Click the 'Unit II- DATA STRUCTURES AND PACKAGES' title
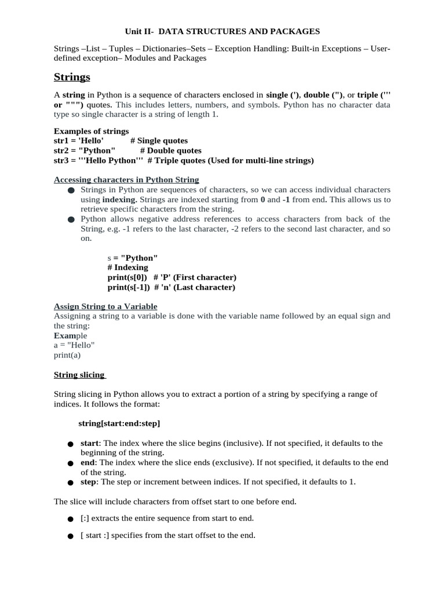(x=222, y=31)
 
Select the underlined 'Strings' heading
(x=72, y=77)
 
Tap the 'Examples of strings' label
(x=91, y=131)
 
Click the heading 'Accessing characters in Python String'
(x=126, y=180)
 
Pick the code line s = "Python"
(x=133, y=258)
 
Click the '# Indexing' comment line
(x=127, y=268)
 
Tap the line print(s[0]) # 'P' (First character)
(x=172, y=277)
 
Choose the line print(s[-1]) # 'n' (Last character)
(x=171, y=287)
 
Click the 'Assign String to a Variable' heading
(x=105, y=306)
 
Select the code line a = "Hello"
(x=74, y=345)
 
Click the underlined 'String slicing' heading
(x=79, y=375)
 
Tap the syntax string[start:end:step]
(x=119, y=423)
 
